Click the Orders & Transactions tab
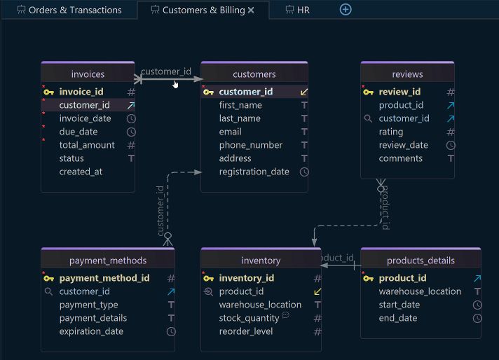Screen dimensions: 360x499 tap(74, 10)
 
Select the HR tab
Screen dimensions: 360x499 tap(303, 10)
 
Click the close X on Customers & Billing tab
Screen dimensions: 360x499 tap(251, 10)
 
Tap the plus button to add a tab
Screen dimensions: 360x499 tap(346, 10)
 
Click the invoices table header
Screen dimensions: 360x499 tap(88, 74)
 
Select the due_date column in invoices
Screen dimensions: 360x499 tap(78, 132)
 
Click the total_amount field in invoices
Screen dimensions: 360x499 tap(87, 145)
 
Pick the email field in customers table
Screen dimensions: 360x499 tap(230, 132)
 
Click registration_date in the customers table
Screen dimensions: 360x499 tap(254, 172)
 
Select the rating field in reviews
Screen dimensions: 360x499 tap(390, 132)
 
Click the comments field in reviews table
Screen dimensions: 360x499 tap(400, 158)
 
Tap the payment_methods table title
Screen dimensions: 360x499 tap(107, 261)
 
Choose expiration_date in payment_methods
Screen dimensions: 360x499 tap(91, 331)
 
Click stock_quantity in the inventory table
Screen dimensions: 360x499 tap(249, 318)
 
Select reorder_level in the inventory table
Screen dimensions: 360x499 tap(246, 331)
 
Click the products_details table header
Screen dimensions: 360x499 tap(421, 261)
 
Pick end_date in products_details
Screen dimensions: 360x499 tap(397, 318)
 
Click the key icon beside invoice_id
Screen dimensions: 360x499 tap(48, 92)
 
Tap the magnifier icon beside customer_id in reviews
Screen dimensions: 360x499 tap(368, 118)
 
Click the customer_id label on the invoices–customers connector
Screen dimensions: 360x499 tap(166, 71)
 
